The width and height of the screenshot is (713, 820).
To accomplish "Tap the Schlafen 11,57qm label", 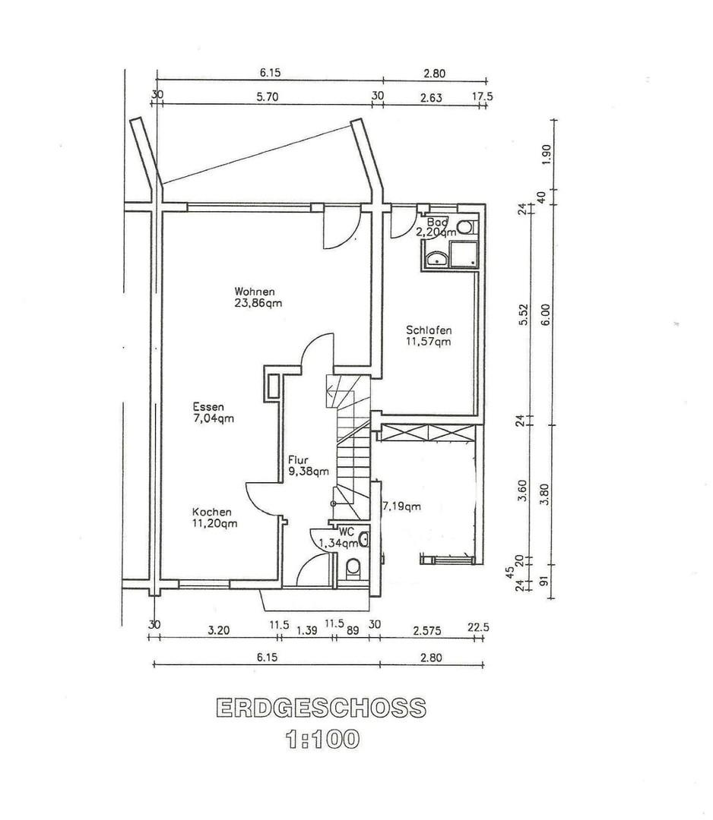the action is [x=429, y=336].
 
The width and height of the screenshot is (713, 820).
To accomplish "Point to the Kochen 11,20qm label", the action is [x=214, y=518].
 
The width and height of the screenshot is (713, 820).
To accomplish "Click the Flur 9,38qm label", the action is [x=309, y=465].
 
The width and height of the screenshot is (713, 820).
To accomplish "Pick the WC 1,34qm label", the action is [x=339, y=538].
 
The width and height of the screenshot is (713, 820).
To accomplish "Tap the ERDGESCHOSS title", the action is [x=321, y=708].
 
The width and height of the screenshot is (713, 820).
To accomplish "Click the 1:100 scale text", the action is [x=322, y=740].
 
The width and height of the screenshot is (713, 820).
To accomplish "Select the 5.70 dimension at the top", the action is [x=268, y=96].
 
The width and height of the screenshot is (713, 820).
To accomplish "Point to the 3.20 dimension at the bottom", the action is [x=219, y=630].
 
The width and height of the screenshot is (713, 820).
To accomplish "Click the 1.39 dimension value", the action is [x=307, y=630].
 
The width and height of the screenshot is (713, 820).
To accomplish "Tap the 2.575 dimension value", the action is [x=427, y=630].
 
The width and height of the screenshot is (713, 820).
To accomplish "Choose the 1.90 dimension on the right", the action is [x=545, y=153].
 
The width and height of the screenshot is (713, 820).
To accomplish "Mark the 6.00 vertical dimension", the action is [x=546, y=314].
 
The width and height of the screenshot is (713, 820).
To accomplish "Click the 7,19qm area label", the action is [x=402, y=506].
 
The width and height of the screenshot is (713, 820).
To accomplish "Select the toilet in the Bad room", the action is [x=465, y=227].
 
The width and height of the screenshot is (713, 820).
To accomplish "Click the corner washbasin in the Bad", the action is [x=436, y=259].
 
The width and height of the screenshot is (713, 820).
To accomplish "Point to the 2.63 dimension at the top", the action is [x=431, y=97].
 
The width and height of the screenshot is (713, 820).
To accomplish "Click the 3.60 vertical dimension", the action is [x=522, y=490].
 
